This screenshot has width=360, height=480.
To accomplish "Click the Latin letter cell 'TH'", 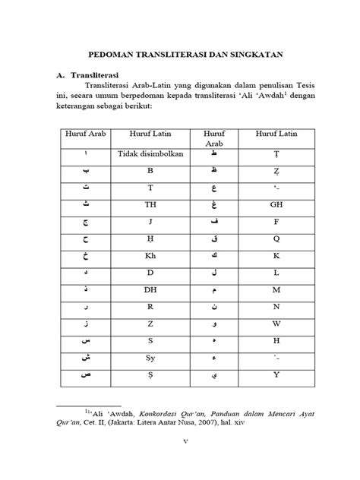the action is (150, 204).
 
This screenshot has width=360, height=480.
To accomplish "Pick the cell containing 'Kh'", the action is (150, 254).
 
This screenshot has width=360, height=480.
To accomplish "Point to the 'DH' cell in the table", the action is (150, 289).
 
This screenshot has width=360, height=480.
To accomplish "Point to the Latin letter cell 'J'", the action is (150, 221).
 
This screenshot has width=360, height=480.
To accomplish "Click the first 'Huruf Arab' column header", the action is (86, 134).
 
